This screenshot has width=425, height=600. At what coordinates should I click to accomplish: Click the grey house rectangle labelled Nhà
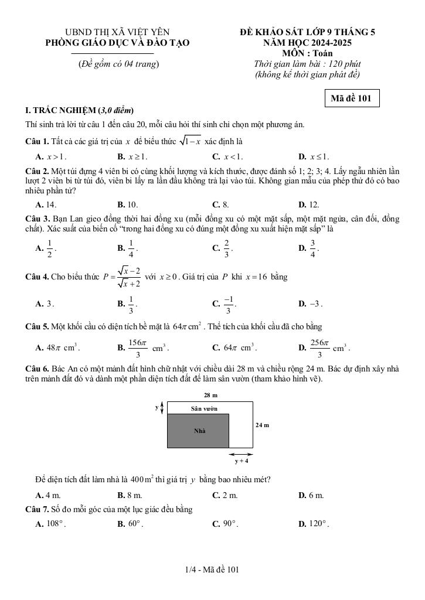pos(198,431)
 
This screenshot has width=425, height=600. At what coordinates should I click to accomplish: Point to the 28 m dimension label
pos(210,395)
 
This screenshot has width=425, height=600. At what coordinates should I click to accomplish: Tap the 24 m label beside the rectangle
pos(262,425)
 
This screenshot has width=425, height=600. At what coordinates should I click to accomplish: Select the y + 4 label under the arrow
pos(242,461)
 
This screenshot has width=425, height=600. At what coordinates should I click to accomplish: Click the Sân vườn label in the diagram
pos(204,408)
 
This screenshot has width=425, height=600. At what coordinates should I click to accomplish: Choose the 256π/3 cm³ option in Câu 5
pos(324,348)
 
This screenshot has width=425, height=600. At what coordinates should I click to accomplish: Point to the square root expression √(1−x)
pos(189,141)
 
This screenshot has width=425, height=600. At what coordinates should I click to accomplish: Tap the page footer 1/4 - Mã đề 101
pos(212,570)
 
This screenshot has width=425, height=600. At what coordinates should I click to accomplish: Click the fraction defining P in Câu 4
pos(128,277)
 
